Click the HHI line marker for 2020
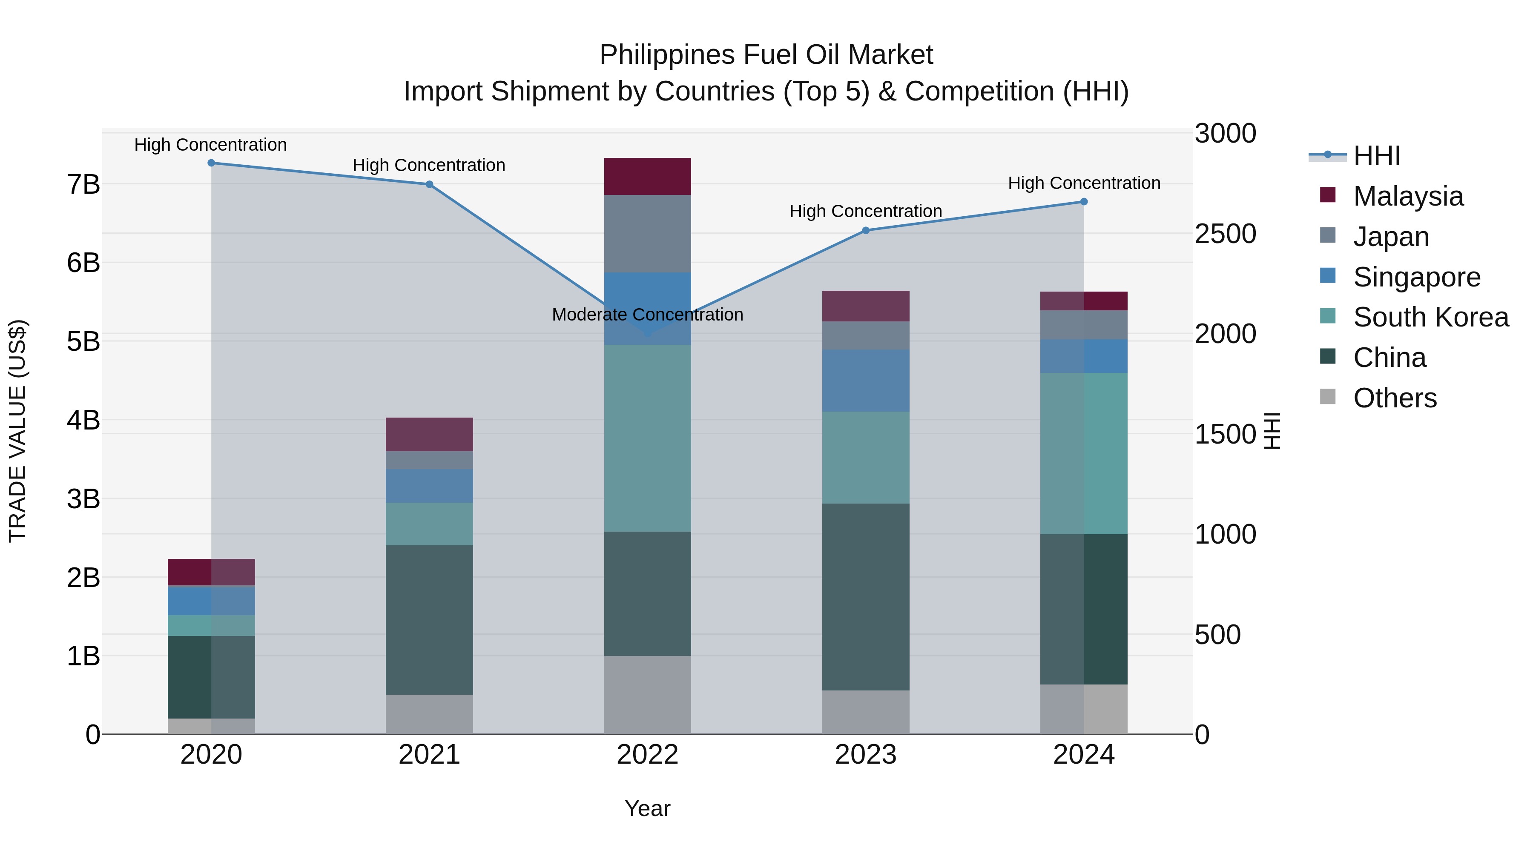[211, 163]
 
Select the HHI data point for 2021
[429, 184]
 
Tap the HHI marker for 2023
[866, 231]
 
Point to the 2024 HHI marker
[1084, 202]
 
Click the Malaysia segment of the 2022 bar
[647, 177]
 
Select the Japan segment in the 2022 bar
[647, 234]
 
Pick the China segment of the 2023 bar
[866, 597]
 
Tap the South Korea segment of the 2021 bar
[429, 524]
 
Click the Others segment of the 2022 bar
[647, 695]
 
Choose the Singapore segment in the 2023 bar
[866, 381]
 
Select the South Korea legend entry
[1431, 317]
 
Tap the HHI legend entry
[1376, 156]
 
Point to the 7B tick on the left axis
[84, 184]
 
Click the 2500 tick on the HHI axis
[1225, 234]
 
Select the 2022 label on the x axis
[647, 755]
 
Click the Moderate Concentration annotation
[647, 315]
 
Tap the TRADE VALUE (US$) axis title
[18, 431]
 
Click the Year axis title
[647, 808]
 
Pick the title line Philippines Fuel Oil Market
[766, 55]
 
